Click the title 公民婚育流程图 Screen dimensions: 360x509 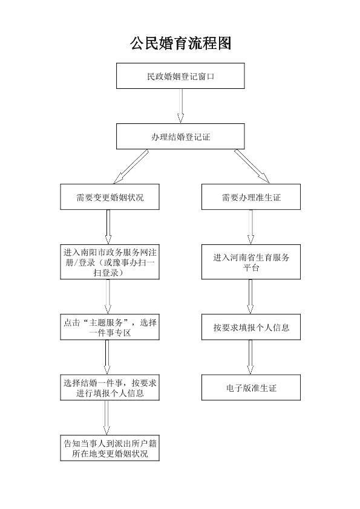tap(180, 43)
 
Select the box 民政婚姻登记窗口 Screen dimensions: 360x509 tap(180, 76)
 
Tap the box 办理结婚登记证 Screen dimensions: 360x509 tap(180, 137)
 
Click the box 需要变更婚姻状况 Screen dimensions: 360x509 tap(110, 196)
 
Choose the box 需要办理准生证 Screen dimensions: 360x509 tap(251, 196)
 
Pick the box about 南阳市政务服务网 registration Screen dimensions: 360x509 tap(110, 262)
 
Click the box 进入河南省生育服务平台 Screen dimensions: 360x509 tap(251, 262)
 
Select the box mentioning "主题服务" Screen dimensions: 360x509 tap(110, 327)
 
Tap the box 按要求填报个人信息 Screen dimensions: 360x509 tap(251, 327)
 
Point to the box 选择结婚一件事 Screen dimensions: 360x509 tap(110, 387)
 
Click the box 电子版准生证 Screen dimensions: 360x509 tap(251, 387)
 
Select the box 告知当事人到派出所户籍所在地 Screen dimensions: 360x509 tap(110, 448)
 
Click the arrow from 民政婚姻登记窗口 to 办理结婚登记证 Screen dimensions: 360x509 tap(181, 106)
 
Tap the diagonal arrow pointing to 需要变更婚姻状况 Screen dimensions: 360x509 tap(131, 166)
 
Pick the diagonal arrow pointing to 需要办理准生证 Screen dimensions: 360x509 tap(252, 166)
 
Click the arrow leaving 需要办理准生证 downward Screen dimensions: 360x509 tap(250, 227)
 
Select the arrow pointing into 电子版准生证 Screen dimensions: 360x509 tap(250, 357)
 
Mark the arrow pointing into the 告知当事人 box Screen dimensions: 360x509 tap(106, 418)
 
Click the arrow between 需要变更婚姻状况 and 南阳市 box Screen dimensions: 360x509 tap(108, 227)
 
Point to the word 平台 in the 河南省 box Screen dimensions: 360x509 tap(251, 268)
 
